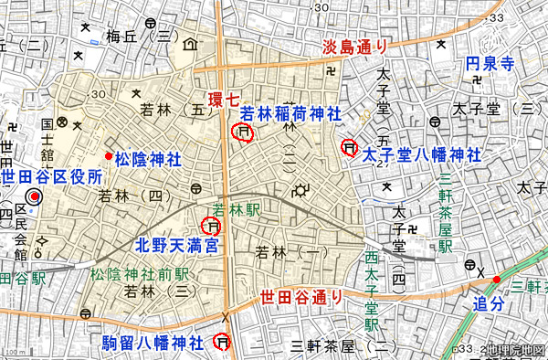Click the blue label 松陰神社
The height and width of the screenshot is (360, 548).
(x=148, y=159)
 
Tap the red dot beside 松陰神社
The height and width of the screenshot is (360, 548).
(x=108, y=157)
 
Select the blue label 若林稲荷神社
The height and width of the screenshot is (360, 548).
(x=290, y=114)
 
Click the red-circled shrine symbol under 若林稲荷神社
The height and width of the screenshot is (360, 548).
(x=243, y=133)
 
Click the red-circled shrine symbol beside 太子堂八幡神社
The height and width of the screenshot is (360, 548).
(x=348, y=147)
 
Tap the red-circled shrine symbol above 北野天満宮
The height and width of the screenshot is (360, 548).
(x=211, y=226)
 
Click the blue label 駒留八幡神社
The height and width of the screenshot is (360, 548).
(x=153, y=343)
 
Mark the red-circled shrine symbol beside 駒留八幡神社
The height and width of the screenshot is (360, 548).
(x=221, y=342)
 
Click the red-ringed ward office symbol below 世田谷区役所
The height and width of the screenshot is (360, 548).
(x=36, y=196)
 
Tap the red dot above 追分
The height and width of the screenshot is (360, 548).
(x=497, y=279)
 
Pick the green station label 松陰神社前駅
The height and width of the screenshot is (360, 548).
(x=139, y=273)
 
